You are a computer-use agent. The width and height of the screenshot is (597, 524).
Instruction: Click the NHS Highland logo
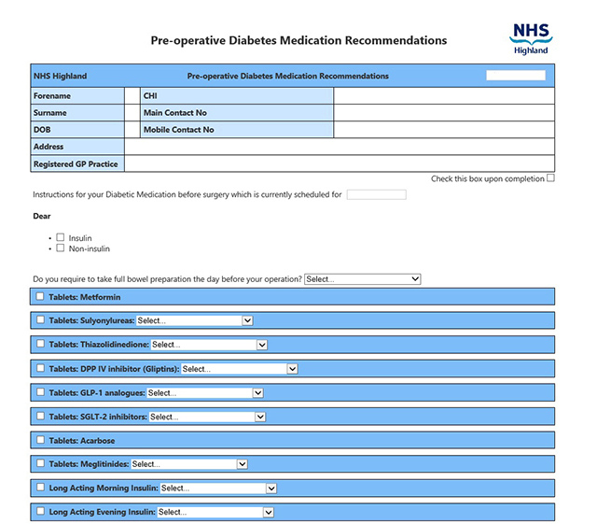coord(531,38)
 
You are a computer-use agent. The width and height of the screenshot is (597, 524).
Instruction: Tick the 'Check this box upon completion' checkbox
coord(550,177)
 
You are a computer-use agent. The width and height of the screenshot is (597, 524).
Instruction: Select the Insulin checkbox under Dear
coord(60,238)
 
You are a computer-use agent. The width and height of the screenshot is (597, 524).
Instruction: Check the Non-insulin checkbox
coord(60,248)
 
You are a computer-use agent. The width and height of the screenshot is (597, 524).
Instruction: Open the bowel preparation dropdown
coord(362,279)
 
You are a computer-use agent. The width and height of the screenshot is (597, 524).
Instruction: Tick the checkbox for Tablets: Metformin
coord(39,296)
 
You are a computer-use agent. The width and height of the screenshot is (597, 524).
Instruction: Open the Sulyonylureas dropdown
coord(195,320)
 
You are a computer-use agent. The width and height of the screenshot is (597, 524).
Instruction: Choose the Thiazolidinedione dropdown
coord(209,345)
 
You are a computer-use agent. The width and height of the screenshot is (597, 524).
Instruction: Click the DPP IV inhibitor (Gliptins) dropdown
coord(239,369)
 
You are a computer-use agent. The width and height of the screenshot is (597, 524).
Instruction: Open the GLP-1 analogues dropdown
coord(205,393)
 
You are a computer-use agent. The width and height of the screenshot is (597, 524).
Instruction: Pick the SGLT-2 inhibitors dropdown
coord(207,417)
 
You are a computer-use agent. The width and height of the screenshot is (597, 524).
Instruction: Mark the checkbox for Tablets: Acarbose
coord(39,440)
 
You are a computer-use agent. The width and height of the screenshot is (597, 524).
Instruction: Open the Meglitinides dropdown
coord(189,463)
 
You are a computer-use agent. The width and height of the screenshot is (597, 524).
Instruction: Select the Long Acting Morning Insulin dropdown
coord(218,488)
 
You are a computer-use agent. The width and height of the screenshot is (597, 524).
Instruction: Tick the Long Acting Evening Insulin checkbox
coord(39,512)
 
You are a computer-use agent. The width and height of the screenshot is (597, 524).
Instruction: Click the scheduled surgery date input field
coord(376,194)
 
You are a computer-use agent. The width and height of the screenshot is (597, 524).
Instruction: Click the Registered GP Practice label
coord(76,163)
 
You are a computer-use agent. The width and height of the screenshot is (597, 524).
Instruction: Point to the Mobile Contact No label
coord(178,130)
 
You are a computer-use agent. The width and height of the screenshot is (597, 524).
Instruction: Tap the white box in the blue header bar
coord(516,76)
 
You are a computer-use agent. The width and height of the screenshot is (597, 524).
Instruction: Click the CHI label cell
coord(149,96)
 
